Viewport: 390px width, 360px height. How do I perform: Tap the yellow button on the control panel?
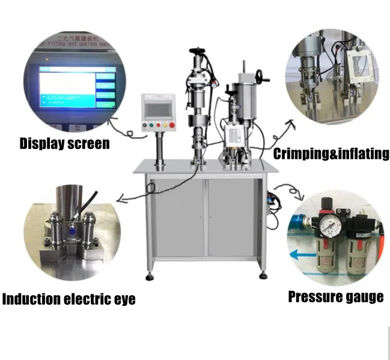(x=161, y=125)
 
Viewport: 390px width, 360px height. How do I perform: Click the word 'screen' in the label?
(x=90, y=144)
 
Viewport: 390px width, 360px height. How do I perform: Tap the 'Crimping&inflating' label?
(x=331, y=154)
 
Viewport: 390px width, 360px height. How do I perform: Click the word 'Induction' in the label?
(x=32, y=299)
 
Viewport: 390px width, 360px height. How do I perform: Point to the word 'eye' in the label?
(x=123, y=299)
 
